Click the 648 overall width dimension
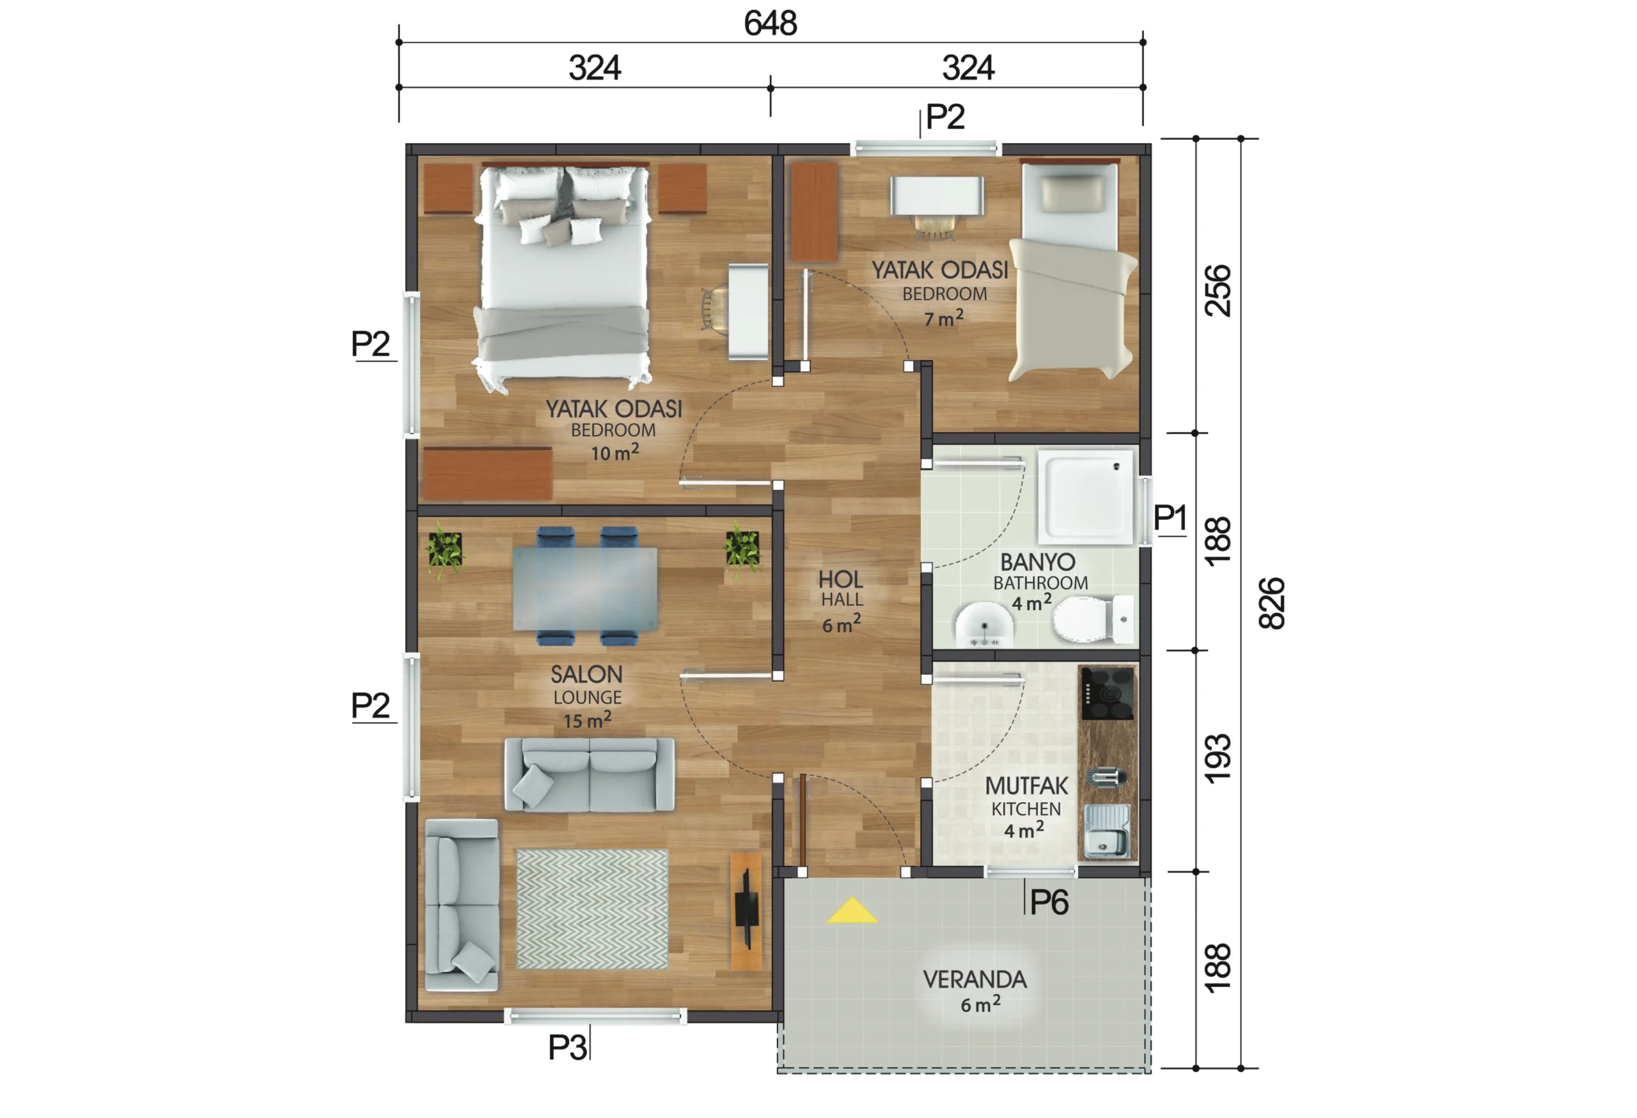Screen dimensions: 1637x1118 click(771, 23)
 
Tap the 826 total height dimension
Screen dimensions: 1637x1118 click(1272, 603)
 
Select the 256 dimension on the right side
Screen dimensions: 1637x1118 click(1218, 290)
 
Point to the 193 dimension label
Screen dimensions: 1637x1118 click(1218, 758)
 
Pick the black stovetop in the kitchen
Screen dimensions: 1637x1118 click(1108, 694)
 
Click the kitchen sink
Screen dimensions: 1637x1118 click(1108, 832)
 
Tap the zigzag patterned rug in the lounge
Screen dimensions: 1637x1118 click(591, 909)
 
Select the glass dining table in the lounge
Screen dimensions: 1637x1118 click(585, 589)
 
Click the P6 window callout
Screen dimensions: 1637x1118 click(1049, 902)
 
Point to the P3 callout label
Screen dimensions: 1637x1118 click(567, 1048)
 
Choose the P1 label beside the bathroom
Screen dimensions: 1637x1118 click(1170, 518)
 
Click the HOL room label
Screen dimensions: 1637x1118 click(840, 579)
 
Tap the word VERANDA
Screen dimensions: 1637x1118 click(975, 979)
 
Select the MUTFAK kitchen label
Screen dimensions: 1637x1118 click(1026, 785)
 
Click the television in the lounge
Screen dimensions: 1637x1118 click(747, 912)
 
